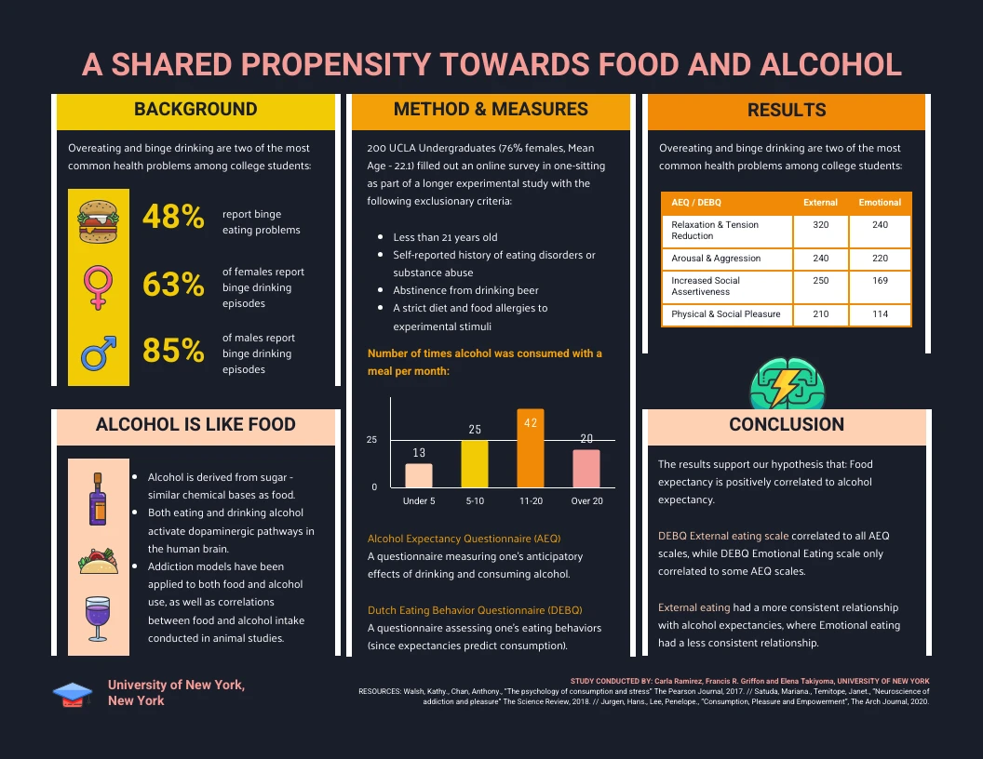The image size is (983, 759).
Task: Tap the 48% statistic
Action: (173, 217)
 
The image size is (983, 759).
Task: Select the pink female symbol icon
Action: (98, 284)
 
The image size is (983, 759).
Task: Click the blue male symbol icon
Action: (98, 353)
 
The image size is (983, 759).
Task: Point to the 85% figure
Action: (173, 351)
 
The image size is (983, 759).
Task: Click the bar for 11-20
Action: (531, 449)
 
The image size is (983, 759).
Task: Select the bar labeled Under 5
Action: (419, 475)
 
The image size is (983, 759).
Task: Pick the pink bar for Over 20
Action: (586, 468)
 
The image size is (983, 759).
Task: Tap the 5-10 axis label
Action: (475, 501)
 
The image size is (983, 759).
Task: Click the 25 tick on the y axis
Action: (371, 440)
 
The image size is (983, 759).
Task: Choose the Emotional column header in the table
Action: (880, 202)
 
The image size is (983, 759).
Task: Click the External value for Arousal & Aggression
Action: (820, 259)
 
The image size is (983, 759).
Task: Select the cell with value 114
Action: (880, 314)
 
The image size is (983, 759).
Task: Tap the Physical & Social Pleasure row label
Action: (726, 314)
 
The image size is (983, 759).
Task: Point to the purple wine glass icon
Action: (98, 619)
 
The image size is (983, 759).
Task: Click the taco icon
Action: (98, 562)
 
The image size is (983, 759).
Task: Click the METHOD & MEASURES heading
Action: (491, 110)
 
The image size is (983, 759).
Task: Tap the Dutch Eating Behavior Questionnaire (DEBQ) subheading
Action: (475, 610)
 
